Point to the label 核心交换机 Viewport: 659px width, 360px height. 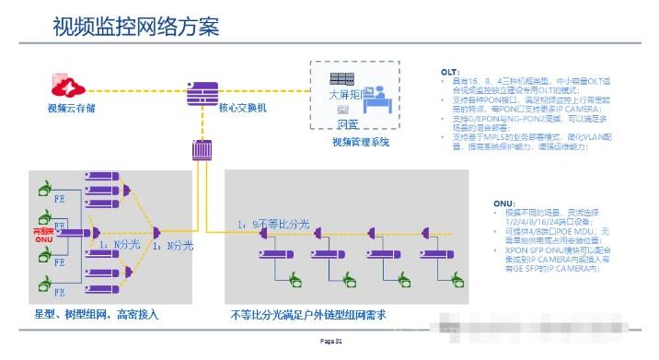(x=242, y=109)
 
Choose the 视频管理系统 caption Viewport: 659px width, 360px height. (x=361, y=142)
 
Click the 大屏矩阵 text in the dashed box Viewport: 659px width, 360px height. (x=346, y=94)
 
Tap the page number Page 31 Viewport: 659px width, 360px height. (x=330, y=342)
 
